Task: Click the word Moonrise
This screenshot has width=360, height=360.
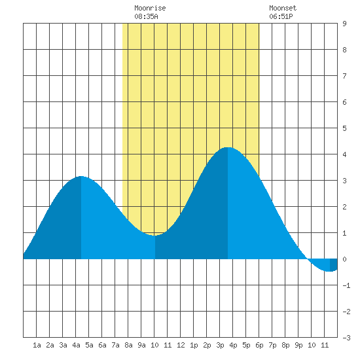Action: pyautogui.click(x=150, y=8)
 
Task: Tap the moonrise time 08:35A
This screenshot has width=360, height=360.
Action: pyautogui.click(x=146, y=16)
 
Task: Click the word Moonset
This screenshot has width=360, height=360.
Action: pyautogui.click(x=283, y=8)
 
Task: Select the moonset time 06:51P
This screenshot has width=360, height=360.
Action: pyautogui.click(x=281, y=16)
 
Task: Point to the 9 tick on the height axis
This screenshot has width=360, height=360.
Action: pyautogui.click(x=344, y=24)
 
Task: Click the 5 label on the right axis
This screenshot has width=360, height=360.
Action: pyautogui.click(x=344, y=128)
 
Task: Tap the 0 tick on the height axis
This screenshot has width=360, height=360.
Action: pyautogui.click(x=344, y=259)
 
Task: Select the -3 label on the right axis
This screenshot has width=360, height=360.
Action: pyautogui.click(x=346, y=338)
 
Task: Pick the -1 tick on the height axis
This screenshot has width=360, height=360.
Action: pyautogui.click(x=346, y=285)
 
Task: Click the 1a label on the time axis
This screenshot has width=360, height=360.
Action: pyautogui.click(x=37, y=345)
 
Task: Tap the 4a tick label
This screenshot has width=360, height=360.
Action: pyautogui.click(x=76, y=345)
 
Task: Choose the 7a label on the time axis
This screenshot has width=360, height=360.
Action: pyautogui.click(x=115, y=345)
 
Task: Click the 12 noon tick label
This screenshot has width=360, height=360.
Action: pyautogui.click(x=181, y=345)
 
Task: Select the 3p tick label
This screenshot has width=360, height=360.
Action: pyautogui.click(x=220, y=345)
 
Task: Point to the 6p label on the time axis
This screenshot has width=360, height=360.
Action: pyautogui.click(x=259, y=345)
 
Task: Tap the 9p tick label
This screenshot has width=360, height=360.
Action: pyautogui.click(x=298, y=345)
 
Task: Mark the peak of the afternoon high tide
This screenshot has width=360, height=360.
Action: pyautogui.click(x=228, y=147)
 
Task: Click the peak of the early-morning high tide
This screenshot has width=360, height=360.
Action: pyautogui.click(x=81, y=176)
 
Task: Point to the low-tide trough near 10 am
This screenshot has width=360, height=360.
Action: pyautogui.click(x=155, y=236)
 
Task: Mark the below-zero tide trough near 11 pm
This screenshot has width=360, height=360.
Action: pyautogui.click(x=330, y=272)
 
